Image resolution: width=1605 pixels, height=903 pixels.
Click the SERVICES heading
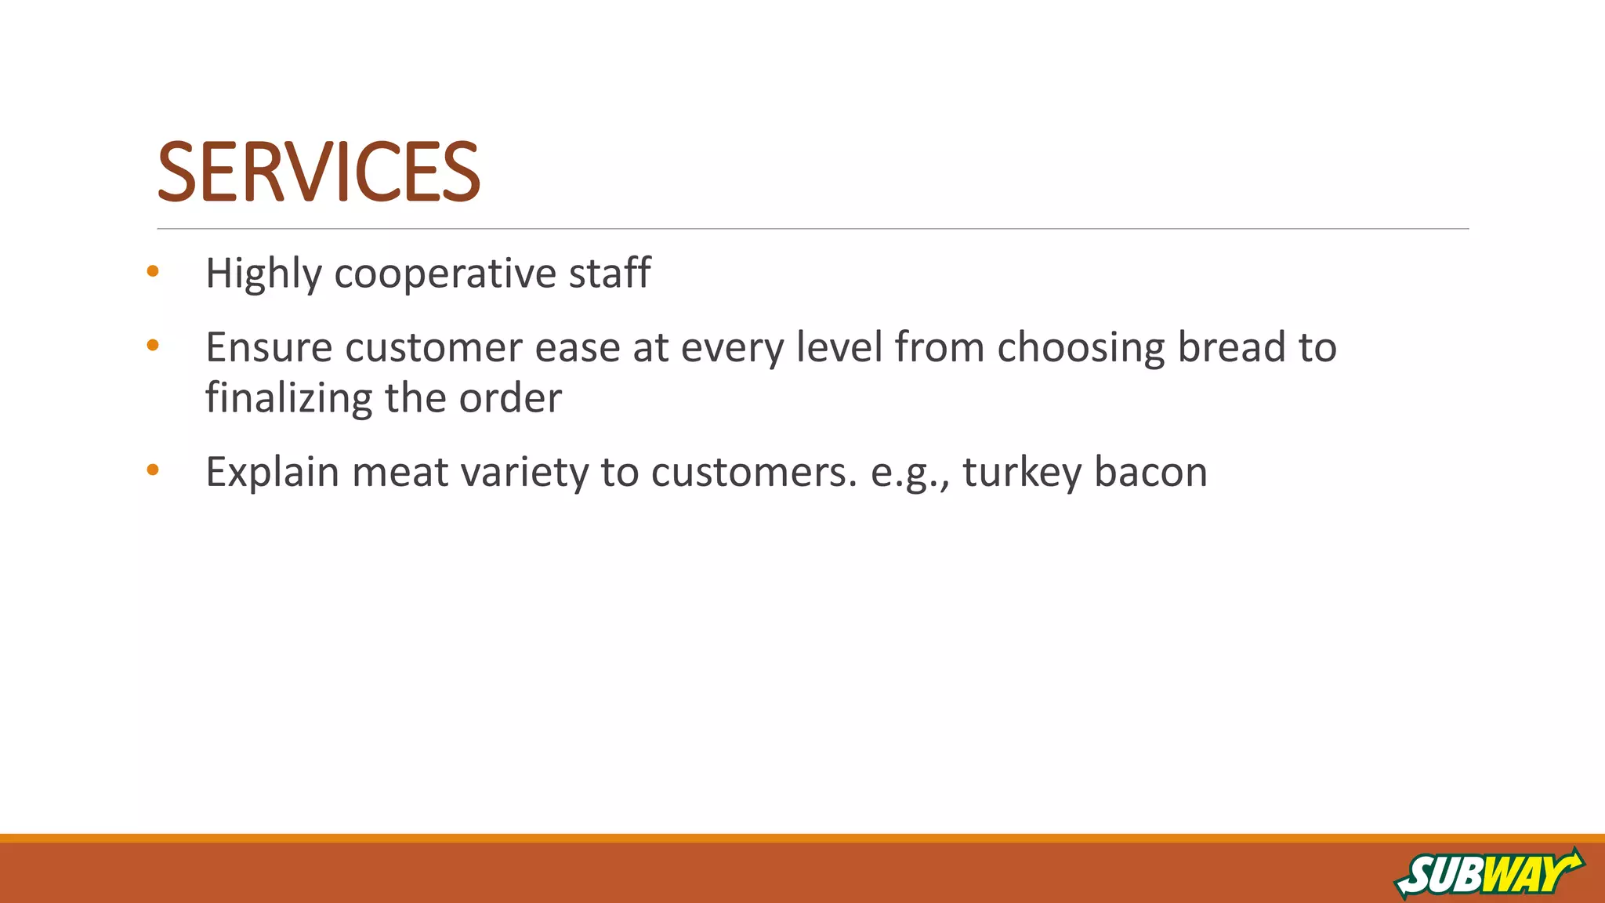point(318,172)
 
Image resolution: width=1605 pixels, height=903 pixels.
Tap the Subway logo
point(1488,872)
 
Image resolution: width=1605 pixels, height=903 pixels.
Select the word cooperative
point(445,274)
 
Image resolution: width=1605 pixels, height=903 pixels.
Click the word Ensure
point(269,347)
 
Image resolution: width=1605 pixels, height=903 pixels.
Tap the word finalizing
point(288,398)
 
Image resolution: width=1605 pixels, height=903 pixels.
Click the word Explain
point(272,473)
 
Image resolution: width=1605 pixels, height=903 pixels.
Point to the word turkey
point(1021,473)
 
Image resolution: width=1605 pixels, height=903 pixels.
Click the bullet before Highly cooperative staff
point(153,272)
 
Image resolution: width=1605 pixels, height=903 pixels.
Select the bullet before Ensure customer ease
point(153,345)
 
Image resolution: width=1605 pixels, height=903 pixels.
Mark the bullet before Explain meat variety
point(153,470)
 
